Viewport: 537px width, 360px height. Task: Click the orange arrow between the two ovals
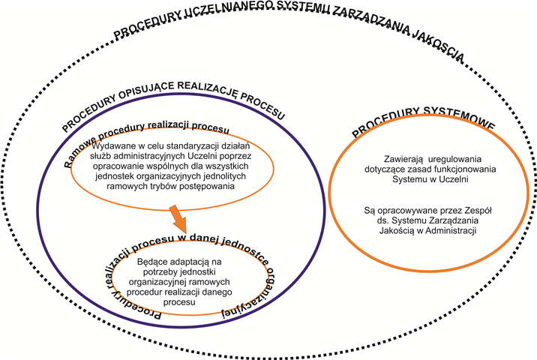pos(178,219)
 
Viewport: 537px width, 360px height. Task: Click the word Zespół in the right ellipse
pos(478,211)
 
